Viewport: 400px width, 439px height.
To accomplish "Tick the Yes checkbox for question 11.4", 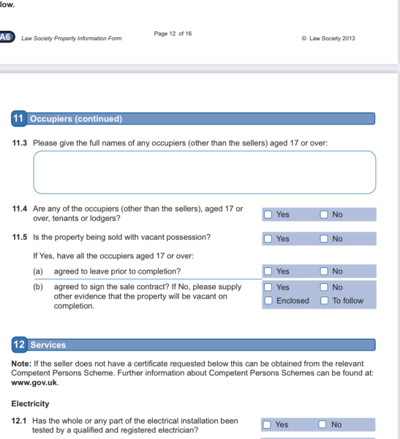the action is (268, 214).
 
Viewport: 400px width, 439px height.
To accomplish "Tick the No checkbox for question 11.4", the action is (324, 214).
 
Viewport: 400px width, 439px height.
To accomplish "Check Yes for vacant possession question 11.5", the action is (268, 239).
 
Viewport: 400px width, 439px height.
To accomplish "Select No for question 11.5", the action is (324, 239).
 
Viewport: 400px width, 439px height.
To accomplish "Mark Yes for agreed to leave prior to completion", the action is (268, 271).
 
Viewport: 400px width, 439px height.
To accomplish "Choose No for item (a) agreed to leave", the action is (324, 271).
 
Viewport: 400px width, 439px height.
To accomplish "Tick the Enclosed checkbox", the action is (268, 301).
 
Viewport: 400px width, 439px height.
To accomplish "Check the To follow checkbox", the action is (324, 301).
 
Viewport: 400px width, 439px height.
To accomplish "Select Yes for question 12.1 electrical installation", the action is (267, 424).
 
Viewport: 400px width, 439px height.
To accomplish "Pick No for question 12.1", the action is (322, 424).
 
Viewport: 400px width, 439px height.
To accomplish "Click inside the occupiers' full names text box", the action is (205, 172).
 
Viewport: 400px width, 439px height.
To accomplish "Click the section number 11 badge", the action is (19, 119).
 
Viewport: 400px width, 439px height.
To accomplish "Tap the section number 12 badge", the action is (19, 345).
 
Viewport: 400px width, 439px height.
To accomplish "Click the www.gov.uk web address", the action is (34, 383).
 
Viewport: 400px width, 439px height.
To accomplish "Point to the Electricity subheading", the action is (30, 404).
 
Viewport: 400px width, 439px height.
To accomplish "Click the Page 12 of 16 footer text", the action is (173, 34).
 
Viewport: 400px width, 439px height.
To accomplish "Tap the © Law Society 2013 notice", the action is (328, 38).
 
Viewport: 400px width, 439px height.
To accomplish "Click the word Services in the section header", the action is (48, 345).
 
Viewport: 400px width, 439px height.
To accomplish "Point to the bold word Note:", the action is (21, 364).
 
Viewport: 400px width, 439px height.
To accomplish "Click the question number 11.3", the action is (20, 143).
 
